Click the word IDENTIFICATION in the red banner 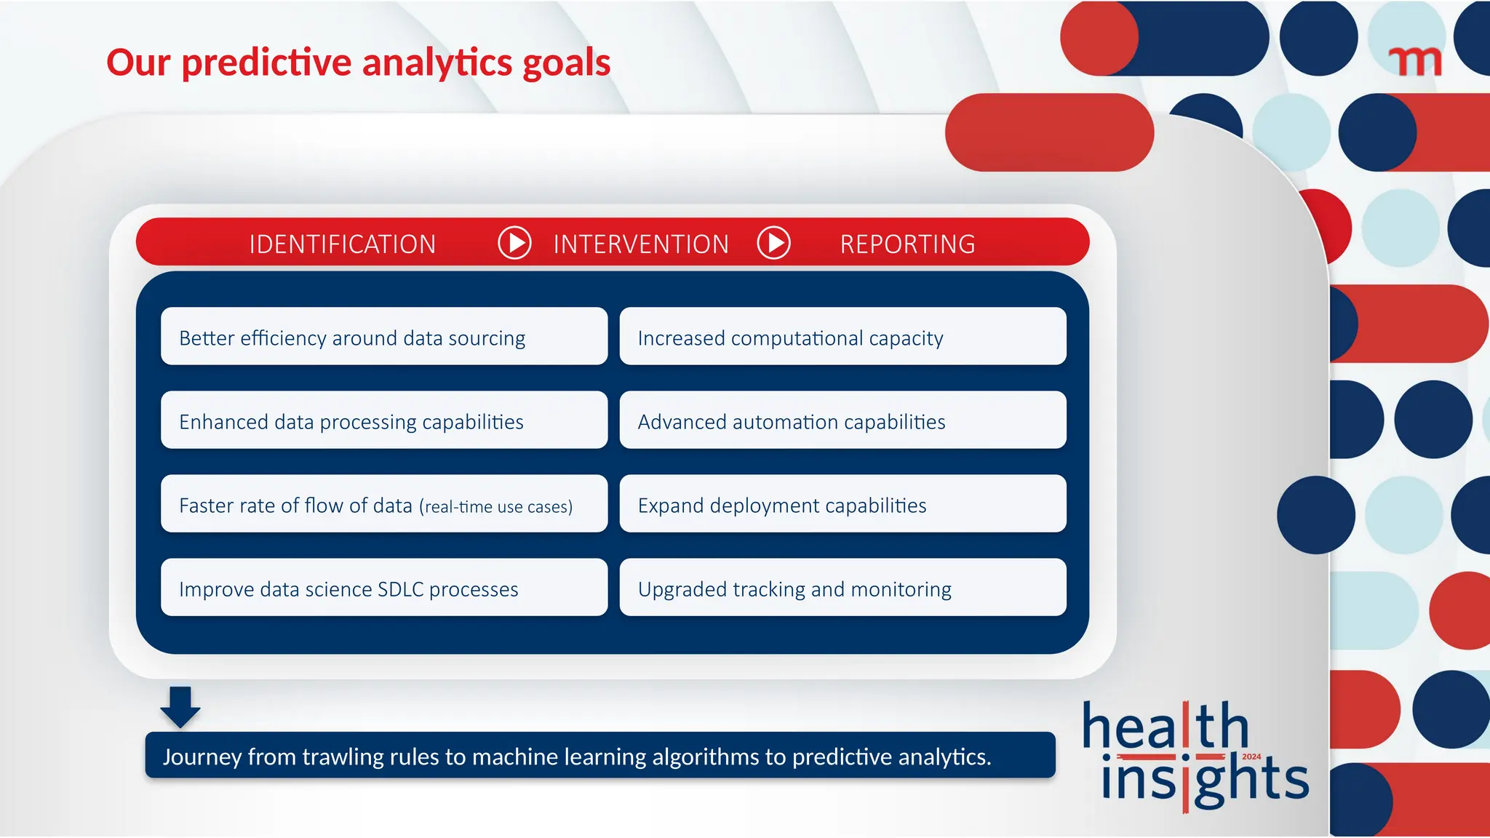342,244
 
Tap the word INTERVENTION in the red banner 641,244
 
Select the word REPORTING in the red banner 907,244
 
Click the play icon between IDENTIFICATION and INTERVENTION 515,242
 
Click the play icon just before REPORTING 774,242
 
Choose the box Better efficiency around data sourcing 383,337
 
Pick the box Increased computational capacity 842,337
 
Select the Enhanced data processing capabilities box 383,420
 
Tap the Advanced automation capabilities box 842,420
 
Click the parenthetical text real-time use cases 496,506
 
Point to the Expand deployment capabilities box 842,504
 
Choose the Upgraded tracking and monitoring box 842,588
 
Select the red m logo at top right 1414,61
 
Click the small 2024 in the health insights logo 1251,757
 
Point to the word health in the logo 1164,727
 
